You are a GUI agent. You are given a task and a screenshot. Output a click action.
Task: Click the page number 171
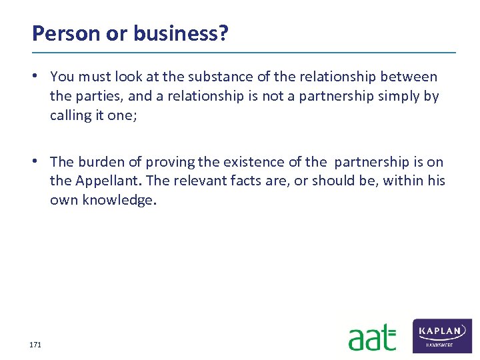coord(35,345)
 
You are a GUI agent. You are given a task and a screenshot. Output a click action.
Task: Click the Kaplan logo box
coord(443,335)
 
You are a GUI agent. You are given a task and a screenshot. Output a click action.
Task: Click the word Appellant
coord(107,181)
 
